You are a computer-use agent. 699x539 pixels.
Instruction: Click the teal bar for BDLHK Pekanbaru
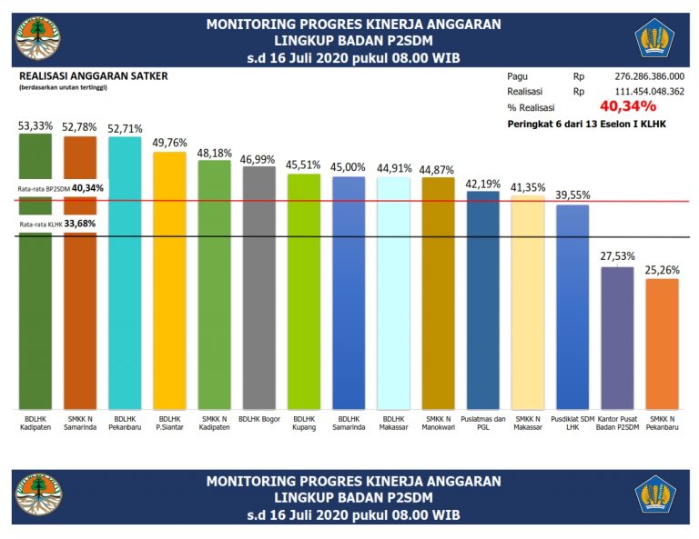pyautogui.click(x=125, y=273)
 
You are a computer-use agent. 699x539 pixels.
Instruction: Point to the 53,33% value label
pyautogui.click(x=35, y=126)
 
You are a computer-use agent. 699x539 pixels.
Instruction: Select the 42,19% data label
pyautogui.click(x=482, y=183)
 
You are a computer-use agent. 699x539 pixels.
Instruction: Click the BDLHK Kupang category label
pyautogui.click(x=304, y=424)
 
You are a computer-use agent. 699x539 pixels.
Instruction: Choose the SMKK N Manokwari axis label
pyautogui.click(x=438, y=424)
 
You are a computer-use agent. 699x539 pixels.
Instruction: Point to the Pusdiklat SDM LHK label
pyautogui.click(x=572, y=424)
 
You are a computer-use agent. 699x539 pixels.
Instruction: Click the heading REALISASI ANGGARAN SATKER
pyautogui.click(x=93, y=76)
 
